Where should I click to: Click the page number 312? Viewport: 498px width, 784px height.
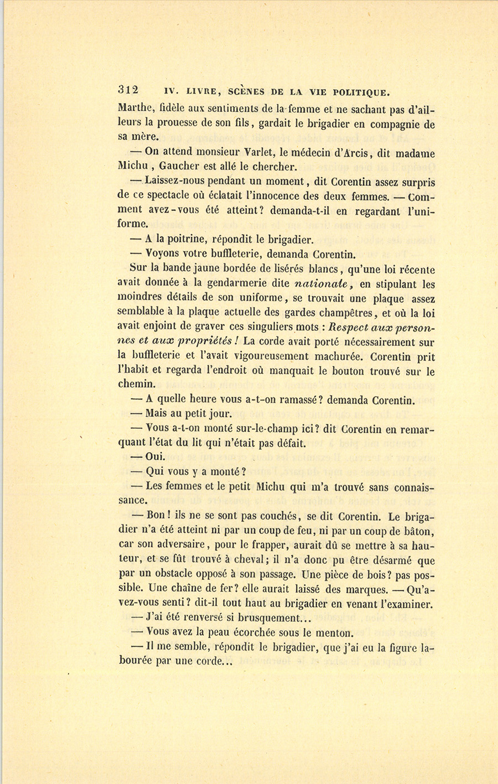point(128,90)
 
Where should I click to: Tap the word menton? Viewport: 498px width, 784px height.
point(333,632)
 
